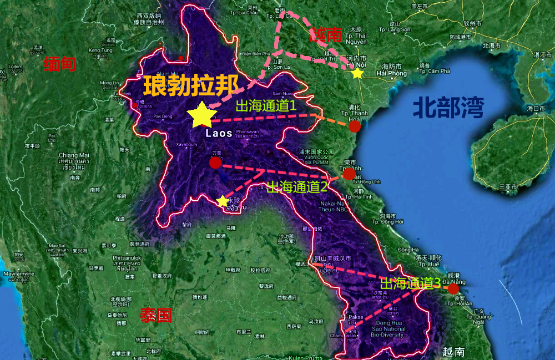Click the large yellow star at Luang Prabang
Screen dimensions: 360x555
[201, 115]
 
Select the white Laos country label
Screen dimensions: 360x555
[218, 133]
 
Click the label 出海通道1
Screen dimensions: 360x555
[266, 105]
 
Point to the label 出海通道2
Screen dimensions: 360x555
[296, 187]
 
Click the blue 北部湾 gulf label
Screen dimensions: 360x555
[443, 107]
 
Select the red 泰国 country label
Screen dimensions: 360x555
[156, 316]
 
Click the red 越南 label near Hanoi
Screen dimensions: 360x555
[326, 34]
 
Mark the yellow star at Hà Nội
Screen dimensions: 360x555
[357, 73]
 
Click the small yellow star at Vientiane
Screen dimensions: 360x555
[223, 200]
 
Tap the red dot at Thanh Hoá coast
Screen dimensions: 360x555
[355, 126]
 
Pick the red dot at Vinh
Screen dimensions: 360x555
[349, 174]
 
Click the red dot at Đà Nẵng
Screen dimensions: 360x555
[453, 288]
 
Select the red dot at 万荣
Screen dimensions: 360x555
[215, 162]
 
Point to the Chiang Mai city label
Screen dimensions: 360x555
[74, 155]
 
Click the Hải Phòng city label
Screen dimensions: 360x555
[391, 73]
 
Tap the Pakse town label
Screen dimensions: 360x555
[356, 317]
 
